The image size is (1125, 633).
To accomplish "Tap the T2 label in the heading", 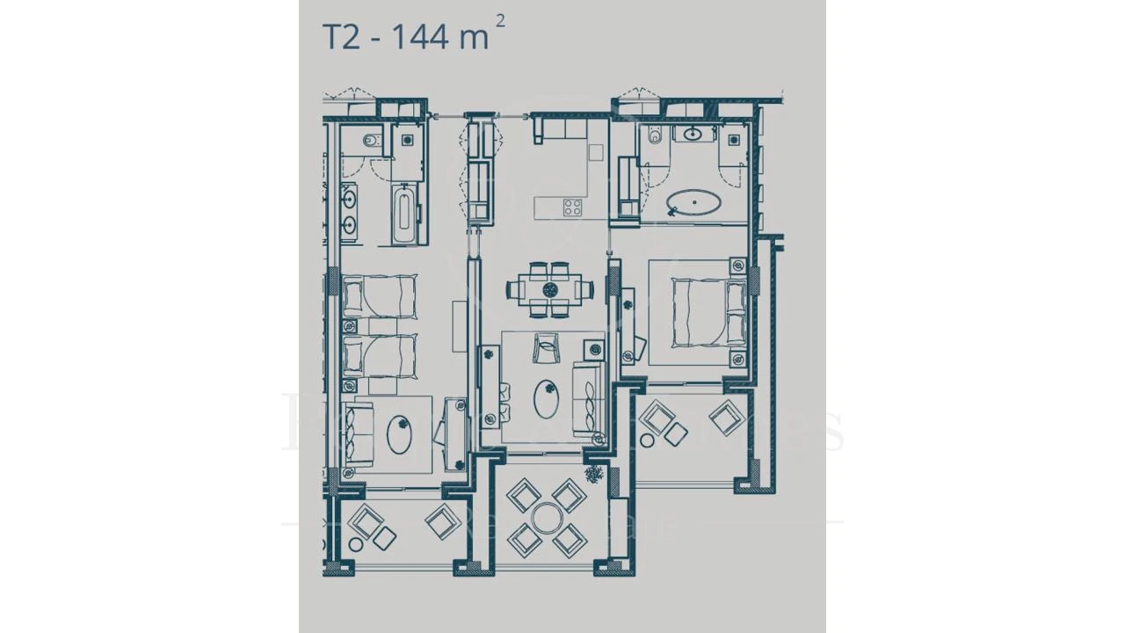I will pyautogui.click(x=342, y=37).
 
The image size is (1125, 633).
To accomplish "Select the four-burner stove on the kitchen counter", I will pyautogui.click(x=572, y=207).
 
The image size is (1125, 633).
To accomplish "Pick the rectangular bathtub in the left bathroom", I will pyautogui.click(x=403, y=215).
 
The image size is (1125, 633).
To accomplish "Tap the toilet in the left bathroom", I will pyautogui.click(x=370, y=140).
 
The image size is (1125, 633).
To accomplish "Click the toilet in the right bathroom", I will pyautogui.click(x=653, y=136).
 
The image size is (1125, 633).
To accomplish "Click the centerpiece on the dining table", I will pyautogui.click(x=550, y=288).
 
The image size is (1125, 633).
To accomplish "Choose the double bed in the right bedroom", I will pyautogui.click(x=700, y=312).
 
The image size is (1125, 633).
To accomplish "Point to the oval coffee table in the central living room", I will pyautogui.click(x=547, y=398).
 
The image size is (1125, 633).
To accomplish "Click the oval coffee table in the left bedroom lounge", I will pyautogui.click(x=400, y=433).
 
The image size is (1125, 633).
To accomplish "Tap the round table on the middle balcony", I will pyautogui.click(x=547, y=518).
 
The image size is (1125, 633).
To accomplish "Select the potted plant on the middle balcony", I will pyautogui.click(x=595, y=475).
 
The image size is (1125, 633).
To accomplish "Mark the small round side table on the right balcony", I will pyautogui.click(x=647, y=440).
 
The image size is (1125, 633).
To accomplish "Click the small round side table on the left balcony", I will pyautogui.click(x=356, y=544).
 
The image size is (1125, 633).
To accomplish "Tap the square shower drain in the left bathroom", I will pyautogui.click(x=408, y=141).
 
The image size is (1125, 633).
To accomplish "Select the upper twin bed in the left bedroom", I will pyautogui.click(x=378, y=295).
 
